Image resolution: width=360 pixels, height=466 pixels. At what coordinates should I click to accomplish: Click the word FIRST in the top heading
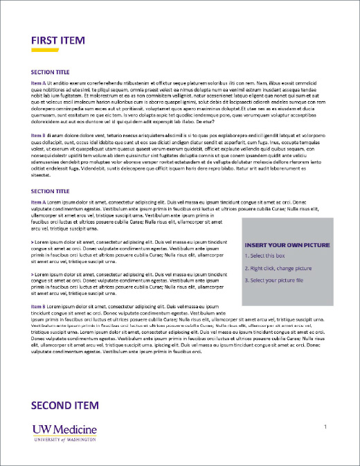coord(45,40)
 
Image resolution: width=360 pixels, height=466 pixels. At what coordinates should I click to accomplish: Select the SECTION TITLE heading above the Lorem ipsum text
coord(51,190)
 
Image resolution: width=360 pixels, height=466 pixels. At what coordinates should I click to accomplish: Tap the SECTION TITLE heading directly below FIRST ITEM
coord(51,71)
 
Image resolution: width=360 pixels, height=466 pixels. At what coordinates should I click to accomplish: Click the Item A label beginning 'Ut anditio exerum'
coord(39,82)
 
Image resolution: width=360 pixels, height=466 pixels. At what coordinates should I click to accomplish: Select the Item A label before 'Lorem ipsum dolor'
coord(39,201)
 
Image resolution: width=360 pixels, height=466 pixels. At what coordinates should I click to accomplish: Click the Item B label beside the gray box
coord(39,305)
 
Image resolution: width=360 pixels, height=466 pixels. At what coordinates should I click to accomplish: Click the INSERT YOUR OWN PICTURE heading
coord(287,244)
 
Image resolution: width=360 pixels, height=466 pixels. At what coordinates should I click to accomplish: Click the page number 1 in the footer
coord(325,428)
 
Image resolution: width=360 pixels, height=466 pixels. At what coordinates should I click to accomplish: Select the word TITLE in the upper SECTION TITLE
coord(61,71)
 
